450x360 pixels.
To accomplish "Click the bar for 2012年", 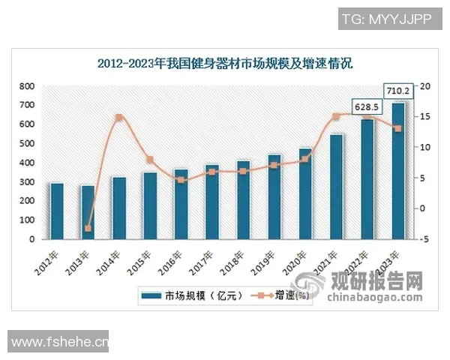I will point(57,211).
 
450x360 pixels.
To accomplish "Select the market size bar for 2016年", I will point(181,204).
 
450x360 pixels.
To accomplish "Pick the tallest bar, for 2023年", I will point(398,171).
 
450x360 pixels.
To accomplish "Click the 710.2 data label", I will point(397,91).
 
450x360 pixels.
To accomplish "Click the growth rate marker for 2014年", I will point(119,118).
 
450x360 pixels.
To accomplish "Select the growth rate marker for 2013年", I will point(88,228).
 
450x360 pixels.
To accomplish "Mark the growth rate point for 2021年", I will point(336,116).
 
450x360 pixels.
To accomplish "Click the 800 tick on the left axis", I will point(28,86).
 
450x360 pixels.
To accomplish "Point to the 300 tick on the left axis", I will point(28,182).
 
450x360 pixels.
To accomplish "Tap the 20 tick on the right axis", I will point(425,86).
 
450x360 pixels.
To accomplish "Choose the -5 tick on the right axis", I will point(425,239).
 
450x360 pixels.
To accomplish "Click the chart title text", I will point(225,64).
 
